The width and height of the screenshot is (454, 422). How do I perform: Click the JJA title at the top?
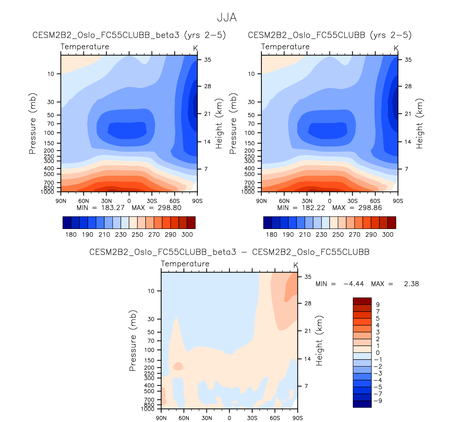coord(226,18)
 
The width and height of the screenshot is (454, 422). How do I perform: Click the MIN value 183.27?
coord(112,207)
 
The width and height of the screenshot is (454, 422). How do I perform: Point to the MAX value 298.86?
coord(370,207)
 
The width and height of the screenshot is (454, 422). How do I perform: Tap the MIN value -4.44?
coord(353,284)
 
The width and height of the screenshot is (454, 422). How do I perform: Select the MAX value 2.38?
coord(411,284)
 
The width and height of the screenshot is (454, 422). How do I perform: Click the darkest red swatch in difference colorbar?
coord(362,301)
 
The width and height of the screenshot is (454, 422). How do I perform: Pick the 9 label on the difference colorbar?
coord(378,305)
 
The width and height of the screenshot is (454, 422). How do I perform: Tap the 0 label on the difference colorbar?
coord(378,353)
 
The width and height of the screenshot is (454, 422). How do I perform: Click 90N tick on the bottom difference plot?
coord(161,418)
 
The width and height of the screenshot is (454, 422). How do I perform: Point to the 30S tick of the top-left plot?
coord(152,201)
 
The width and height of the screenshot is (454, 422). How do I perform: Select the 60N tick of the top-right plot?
coord(284,201)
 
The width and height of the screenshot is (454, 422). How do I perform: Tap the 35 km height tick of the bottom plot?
coord(308,277)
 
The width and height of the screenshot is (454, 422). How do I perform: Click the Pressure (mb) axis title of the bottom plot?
coord(133,340)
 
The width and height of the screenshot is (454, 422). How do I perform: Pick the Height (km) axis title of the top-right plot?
coord(419,123)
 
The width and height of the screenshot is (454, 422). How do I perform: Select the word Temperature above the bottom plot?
coord(185,264)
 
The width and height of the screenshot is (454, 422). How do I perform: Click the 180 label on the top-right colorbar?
coord(271,235)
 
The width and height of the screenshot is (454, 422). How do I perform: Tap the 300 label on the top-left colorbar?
coord(187,235)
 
